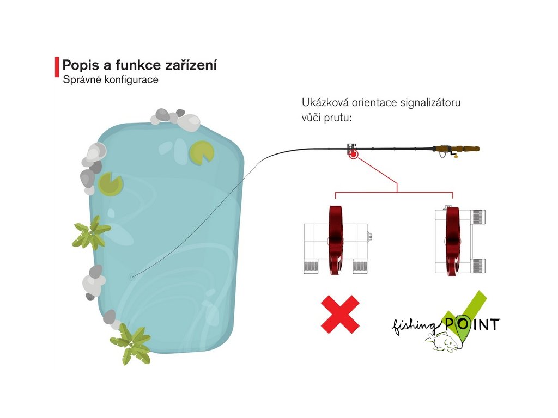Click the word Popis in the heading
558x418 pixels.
click(x=79, y=65)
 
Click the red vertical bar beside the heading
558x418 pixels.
click(x=57, y=67)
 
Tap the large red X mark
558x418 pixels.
click(x=340, y=314)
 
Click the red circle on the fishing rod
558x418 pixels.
click(x=353, y=155)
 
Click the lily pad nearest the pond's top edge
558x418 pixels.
click(x=201, y=152)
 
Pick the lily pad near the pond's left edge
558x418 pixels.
click(x=111, y=183)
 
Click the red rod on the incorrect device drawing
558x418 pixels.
click(x=335, y=239)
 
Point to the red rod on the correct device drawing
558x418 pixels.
click(x=452, y=239)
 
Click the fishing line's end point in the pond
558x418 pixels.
click(x=131, y=276)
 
